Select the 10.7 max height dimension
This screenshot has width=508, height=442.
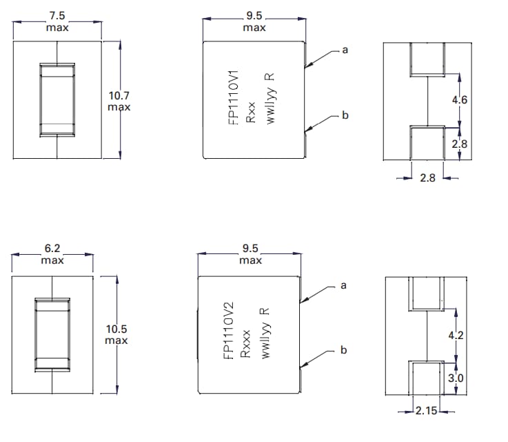click(x=119, y=101)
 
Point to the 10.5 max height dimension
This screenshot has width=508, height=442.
click(x=116, y=335)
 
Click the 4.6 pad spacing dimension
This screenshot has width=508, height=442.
click(x=459, y=100)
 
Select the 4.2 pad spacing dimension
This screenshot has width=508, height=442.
click(x=455, y=336)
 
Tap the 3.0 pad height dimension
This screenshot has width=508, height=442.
click(x=456, y=378)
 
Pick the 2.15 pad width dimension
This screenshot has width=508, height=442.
click(x=427, y=412)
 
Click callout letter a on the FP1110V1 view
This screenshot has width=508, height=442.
click(x=345, y=50)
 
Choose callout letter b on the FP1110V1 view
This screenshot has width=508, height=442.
click(x=345, y=115)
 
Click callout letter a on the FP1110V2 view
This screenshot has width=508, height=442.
click(x=343, y=285)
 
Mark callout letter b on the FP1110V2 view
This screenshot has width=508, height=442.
click(x=343, y=350)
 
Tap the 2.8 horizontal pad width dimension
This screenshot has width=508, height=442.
click(x=427, y=178)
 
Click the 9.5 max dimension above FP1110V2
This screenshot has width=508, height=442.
click(x=250, y=255)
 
